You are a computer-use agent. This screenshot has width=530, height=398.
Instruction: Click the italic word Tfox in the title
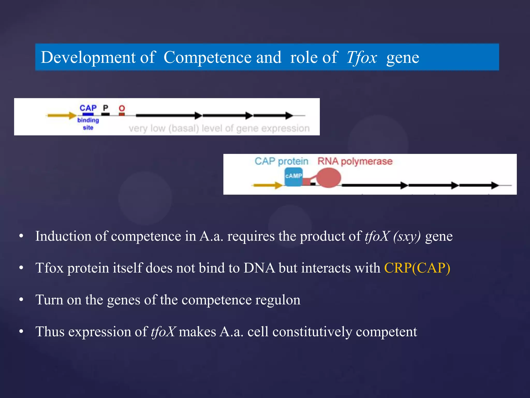click(x=362, y=57)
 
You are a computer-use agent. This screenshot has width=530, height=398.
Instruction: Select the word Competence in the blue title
click(x=208, y=57)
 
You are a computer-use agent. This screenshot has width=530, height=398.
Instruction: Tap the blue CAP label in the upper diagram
click(x=88, y=108)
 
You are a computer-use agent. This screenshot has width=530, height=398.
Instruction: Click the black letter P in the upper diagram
click(x=106, y=108)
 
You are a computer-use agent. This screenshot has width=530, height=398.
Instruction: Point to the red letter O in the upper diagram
click(x=122, y=108)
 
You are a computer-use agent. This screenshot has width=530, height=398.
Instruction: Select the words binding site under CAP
click(x=88, y=124)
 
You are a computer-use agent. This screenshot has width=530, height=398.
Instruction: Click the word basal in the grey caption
click(x=184, y=129)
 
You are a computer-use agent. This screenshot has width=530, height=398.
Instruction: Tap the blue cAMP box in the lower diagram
click(x=293, y=176)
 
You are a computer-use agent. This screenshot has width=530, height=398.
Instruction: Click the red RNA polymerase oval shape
click(x=329, y=178)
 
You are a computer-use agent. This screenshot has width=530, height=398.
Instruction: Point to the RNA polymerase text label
click(x=355, y=161)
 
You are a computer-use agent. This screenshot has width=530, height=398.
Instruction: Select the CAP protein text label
click(x=281, y=161)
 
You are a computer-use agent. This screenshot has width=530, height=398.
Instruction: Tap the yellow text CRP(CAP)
click(x=417, y=268)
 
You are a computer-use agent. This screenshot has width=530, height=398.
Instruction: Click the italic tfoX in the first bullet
click(x=377, y=236)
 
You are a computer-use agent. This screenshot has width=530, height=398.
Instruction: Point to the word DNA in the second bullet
click(x=259, y=268)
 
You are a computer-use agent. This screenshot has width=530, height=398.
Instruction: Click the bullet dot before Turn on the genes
click(x=21, y=300)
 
